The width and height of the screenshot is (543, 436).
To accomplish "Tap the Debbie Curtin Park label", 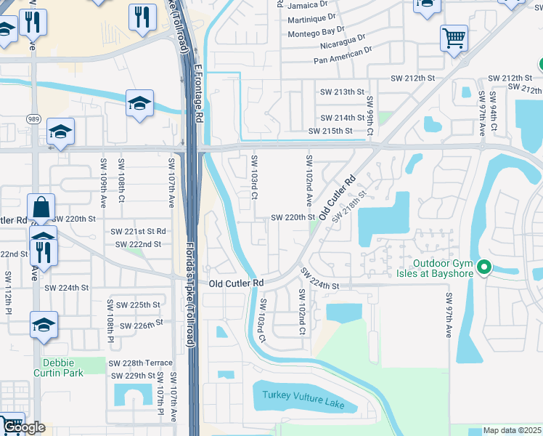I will (x=58, y=368).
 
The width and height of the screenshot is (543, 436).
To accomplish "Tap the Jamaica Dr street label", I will (x=309, y=5).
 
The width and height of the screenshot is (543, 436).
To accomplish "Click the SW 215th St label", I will (x=330, y=131).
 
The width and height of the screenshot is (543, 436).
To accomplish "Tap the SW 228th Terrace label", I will (x=141, y=363).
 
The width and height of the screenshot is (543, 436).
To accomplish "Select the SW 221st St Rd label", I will (x=138, y=231).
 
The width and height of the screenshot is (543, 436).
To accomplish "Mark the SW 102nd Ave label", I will (x=309, y=179).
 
